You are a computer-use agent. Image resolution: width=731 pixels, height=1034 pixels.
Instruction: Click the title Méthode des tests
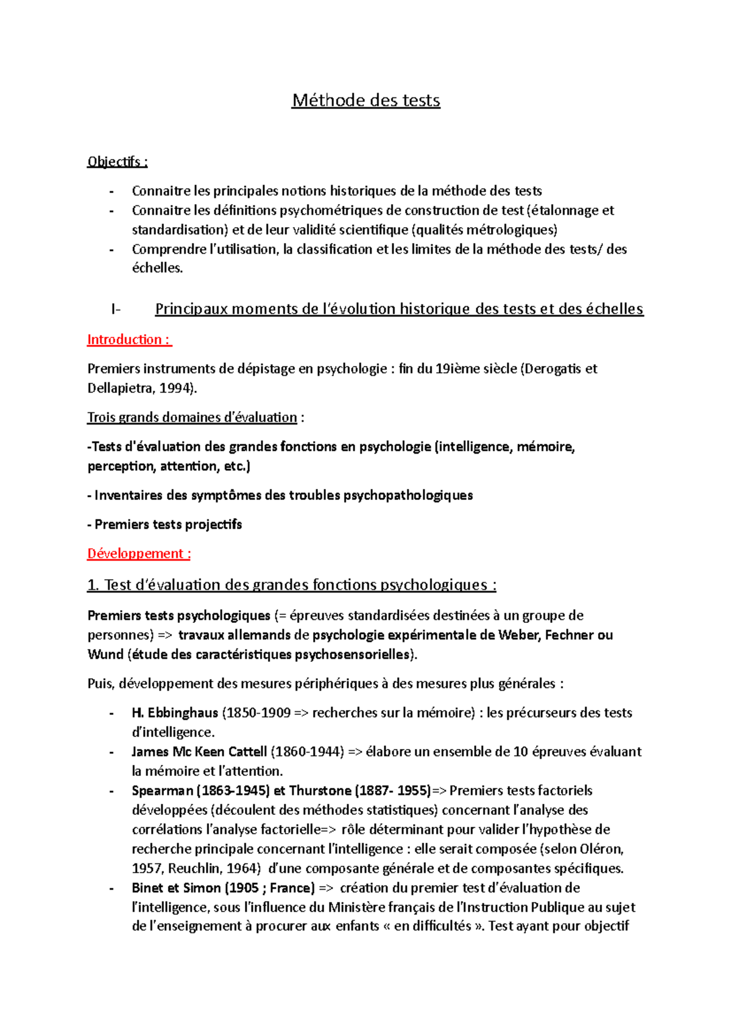point(365,100)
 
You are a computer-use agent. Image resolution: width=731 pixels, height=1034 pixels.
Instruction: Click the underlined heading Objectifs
point(117,162)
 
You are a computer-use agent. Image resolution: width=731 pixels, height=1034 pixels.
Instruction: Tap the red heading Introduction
point(129,340)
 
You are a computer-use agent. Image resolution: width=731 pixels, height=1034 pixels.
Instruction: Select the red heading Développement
point(139,554)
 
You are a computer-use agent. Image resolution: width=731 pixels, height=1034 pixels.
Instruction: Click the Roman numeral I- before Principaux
point(116,309)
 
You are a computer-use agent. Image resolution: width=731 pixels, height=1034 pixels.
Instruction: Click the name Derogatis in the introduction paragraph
point(552,369)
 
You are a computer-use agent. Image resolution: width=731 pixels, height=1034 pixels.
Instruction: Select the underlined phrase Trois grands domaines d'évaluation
point(192,418)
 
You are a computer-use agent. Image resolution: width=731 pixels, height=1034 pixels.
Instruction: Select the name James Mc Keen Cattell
point(199,752)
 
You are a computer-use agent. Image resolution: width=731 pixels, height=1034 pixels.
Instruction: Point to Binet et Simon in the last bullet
point(176,888)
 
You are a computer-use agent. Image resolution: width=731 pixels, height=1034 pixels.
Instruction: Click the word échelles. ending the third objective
point(157,269)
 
